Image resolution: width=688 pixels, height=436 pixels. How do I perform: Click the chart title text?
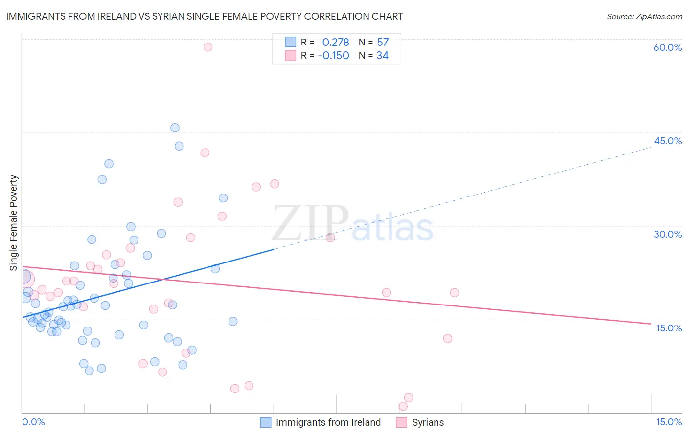205,16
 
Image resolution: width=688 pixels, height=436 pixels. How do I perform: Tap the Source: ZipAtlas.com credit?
644,17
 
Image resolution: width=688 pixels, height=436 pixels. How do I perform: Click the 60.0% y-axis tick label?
667,47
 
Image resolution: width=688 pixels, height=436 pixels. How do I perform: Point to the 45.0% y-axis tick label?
667,141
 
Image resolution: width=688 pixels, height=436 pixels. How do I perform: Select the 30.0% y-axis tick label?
667,234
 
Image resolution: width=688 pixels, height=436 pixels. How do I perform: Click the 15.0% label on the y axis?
668,328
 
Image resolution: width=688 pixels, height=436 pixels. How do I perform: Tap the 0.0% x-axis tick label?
33,422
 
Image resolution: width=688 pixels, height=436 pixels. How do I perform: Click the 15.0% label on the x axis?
668,422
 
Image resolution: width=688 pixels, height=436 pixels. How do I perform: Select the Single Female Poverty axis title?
14,223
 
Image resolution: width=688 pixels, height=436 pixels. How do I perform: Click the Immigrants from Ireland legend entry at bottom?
328,422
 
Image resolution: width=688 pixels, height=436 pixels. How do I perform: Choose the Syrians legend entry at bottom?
428,422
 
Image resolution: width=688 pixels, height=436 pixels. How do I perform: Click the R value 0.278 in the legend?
336,43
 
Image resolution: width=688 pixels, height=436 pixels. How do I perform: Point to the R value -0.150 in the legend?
333,56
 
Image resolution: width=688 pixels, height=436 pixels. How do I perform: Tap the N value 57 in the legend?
383,43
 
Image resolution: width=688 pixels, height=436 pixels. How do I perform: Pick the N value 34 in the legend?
383,56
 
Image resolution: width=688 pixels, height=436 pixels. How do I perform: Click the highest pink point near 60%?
208,47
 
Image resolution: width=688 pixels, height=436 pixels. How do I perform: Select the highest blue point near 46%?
175,128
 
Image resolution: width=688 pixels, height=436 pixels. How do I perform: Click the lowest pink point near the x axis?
403,406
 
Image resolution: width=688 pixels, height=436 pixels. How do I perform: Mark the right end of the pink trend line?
651,324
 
